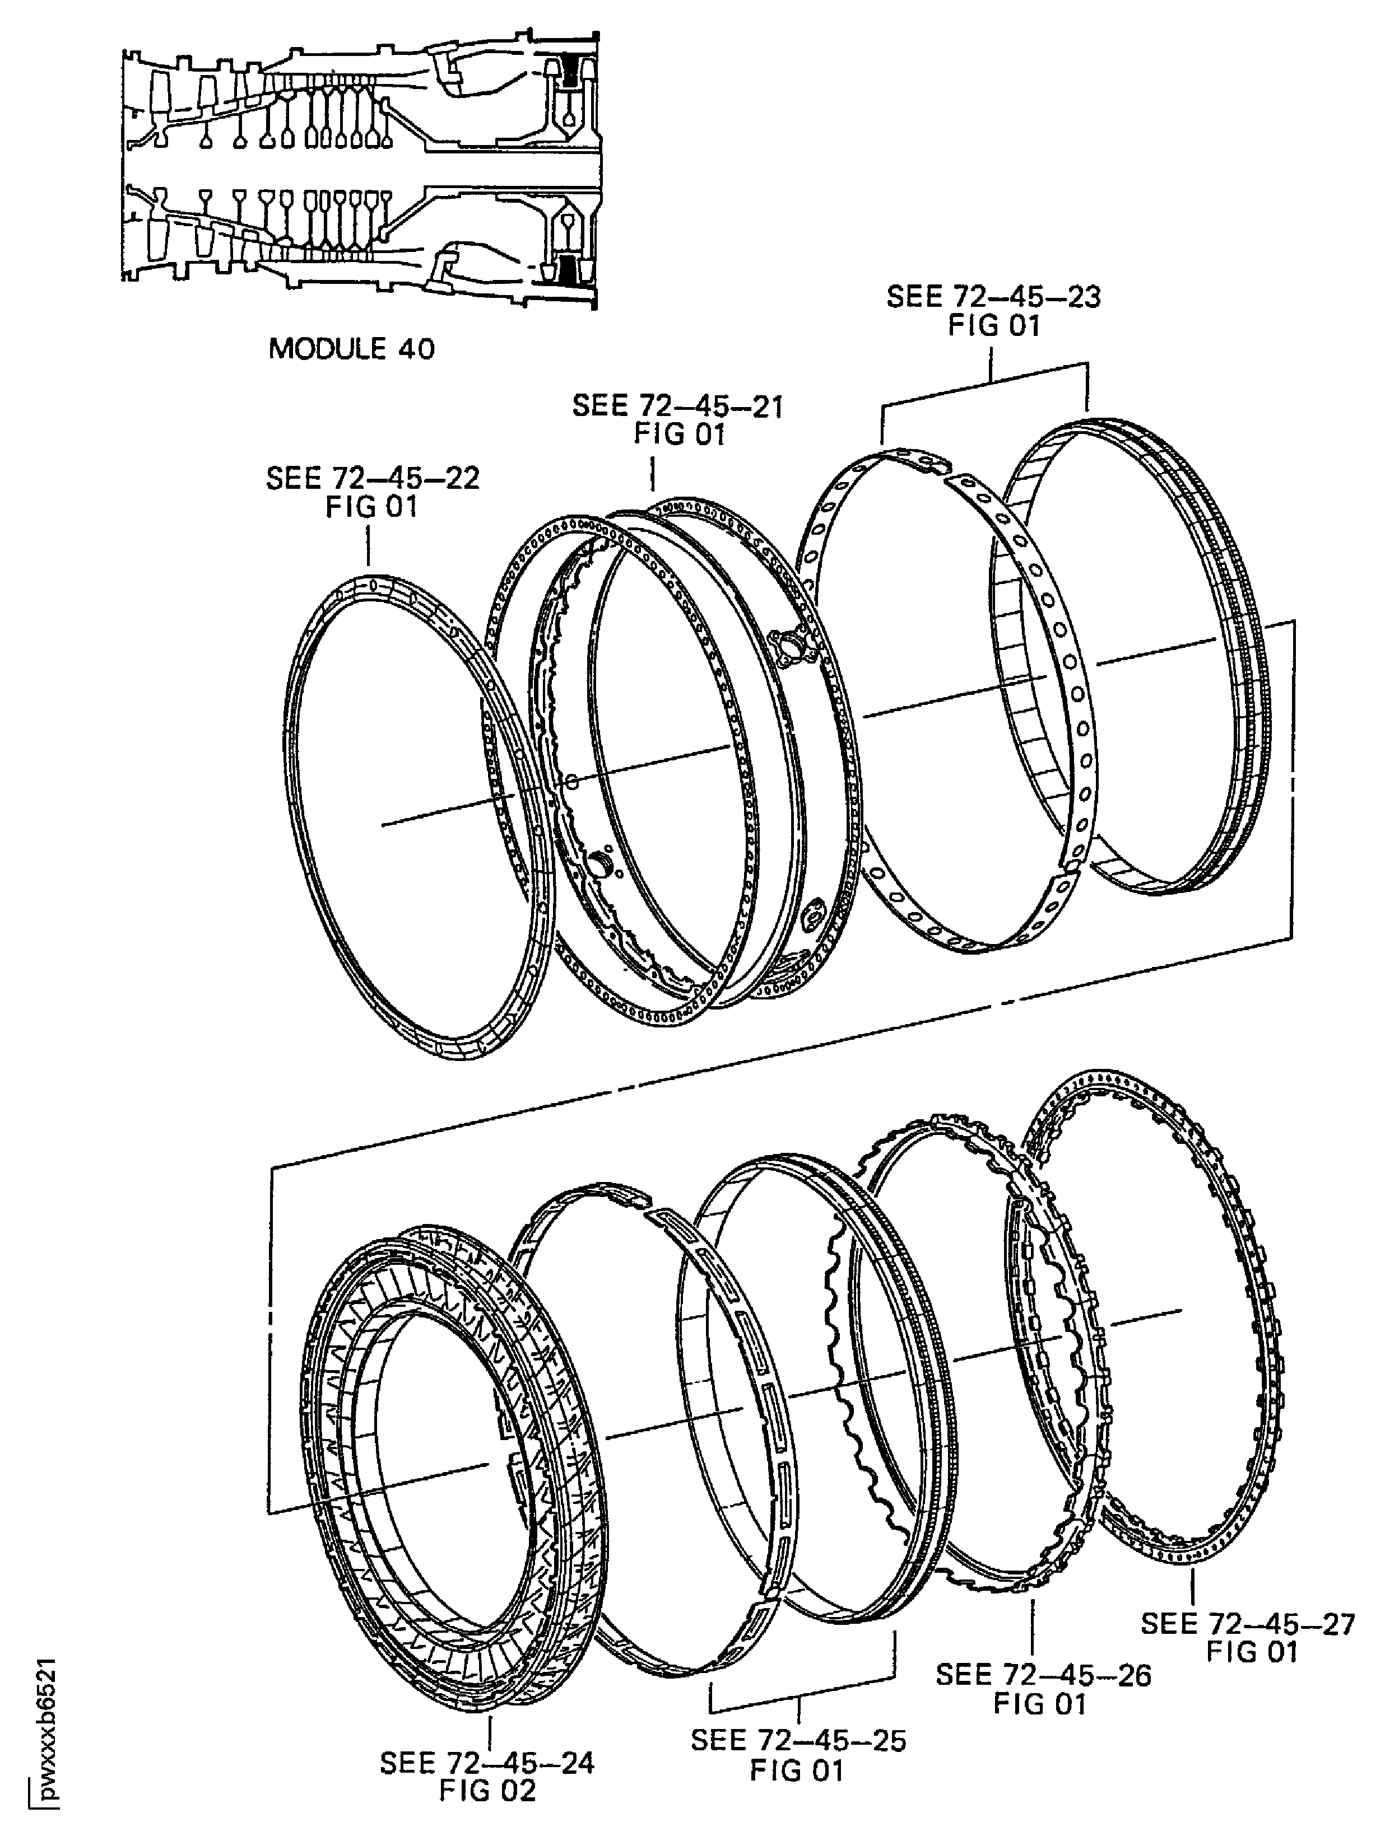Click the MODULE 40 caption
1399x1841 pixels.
[351, 348]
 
